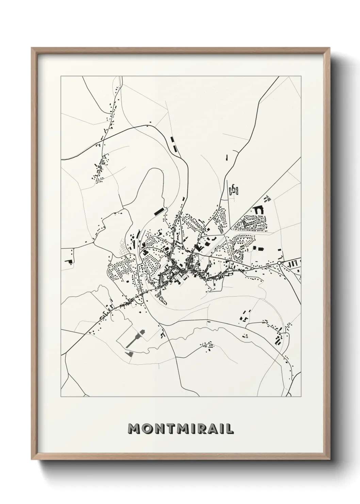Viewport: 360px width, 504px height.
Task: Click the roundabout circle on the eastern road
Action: tap(279, 263)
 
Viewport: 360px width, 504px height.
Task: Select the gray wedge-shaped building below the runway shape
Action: tap(129, 354)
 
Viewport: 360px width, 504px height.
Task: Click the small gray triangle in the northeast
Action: tap(267, 197)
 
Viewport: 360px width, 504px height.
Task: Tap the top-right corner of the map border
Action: tap(301, 76)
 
